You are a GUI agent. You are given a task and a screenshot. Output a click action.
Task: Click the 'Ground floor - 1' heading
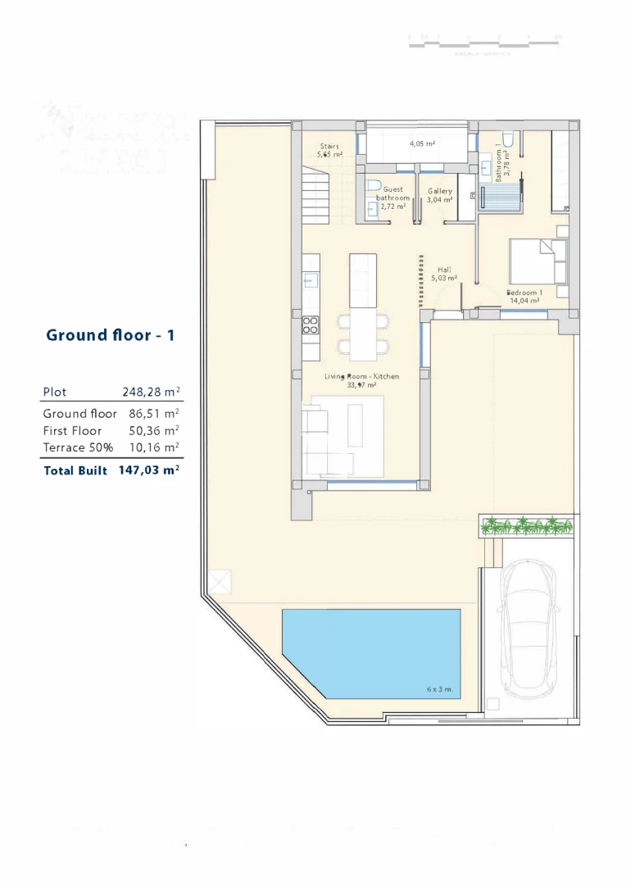(111, 334)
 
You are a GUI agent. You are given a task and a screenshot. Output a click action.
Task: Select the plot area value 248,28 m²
(151, 393)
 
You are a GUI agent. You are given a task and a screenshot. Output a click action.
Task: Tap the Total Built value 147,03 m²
(148, 470)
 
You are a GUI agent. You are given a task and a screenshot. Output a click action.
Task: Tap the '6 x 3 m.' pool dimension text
(440, 690)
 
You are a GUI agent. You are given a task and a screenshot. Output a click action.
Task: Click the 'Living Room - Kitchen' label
(361, 376)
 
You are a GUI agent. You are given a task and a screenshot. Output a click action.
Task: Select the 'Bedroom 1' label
(524, 293)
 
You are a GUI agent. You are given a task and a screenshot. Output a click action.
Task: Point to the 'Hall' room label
(444, 270)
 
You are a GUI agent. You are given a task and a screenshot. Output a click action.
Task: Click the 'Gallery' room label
(440, 191)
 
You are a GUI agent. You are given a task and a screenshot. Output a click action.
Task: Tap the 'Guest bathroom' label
(392, 193)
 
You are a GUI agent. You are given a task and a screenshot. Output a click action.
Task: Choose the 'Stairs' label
(330, 147)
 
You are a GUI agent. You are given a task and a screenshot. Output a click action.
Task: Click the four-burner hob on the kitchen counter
(311, 325)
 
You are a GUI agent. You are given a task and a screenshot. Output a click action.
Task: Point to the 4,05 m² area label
(422, 143)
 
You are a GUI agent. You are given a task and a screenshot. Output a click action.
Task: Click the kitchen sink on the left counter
(311, 280)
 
